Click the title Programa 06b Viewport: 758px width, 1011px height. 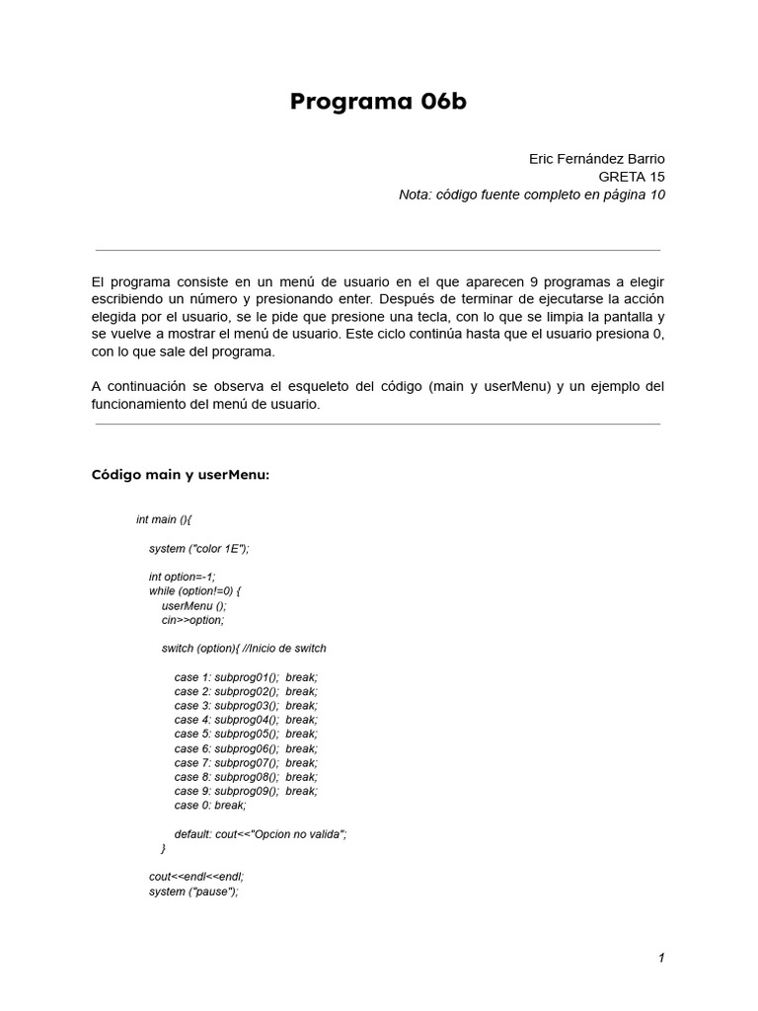(378, 103)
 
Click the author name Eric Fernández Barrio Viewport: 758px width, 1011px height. (597, 159)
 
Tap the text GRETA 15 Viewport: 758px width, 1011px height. (632, 177)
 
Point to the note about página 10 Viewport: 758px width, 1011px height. (532, 194)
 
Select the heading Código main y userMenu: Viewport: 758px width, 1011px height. (180, 475)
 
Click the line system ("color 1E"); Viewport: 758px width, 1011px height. (198, 548)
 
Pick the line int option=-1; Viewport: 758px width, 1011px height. (182, 577)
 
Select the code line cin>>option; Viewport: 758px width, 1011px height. (192, 620)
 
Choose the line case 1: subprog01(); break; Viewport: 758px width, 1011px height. (246, 677)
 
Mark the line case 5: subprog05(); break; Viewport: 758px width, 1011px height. (246, 735)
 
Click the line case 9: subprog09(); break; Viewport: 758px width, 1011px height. (246, 791)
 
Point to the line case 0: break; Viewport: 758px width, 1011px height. (210, 806)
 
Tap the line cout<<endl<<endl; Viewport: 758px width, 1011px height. (195, 877)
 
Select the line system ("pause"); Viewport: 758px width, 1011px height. (193, 892)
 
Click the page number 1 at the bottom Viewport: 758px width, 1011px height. (661, 958)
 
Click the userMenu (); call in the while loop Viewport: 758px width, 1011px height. (193, 605)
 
